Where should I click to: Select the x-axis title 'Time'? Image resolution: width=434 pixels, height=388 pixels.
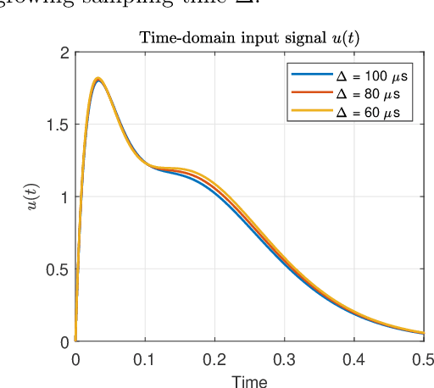(x=249, y=380)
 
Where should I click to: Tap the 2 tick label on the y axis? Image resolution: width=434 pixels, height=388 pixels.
(x=63, y=53)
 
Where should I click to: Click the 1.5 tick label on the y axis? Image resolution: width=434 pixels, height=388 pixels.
(x=57, y=125)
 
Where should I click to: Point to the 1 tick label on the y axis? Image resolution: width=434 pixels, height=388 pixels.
(x=63, y=197)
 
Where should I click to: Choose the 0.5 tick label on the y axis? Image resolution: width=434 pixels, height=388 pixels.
(x=57, y=269)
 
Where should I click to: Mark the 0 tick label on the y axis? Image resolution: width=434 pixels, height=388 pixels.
(x=63, y=341)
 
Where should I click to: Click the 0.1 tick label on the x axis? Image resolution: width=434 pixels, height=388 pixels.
(x=145, y=359)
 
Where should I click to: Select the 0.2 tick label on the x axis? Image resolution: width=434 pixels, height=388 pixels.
(x=214, y=359)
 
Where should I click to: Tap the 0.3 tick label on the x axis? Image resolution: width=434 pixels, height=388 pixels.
(x=284, y=359)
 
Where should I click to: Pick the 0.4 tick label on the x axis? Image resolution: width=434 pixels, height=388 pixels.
(x=353, y=359)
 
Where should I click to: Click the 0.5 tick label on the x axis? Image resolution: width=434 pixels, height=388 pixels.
(x=421, y=359)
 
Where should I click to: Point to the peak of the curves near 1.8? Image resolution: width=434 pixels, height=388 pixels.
(x=97, y=80)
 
